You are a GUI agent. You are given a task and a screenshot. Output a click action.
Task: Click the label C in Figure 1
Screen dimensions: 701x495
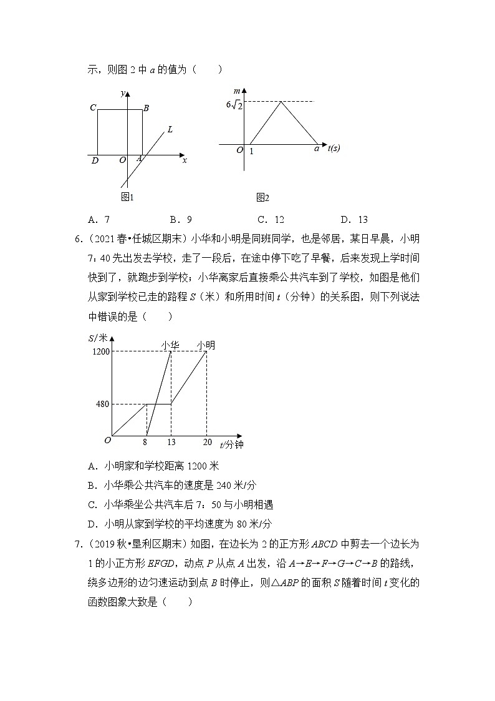(93, 108)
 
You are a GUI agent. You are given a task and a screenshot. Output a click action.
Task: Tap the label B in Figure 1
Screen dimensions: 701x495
(146, 108)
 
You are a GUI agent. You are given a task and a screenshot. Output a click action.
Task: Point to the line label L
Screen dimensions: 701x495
(170, 130)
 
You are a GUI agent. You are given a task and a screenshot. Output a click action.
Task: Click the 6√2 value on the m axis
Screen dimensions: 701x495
(234, 104)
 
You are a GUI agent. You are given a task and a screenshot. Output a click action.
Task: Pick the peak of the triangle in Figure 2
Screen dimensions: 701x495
(282, 102)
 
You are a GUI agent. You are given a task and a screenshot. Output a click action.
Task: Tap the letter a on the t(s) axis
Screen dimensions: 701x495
(316, 149)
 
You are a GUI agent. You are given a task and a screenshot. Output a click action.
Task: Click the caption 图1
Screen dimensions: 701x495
(128, 197)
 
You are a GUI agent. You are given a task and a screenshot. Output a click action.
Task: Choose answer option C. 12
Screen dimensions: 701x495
(270, 219)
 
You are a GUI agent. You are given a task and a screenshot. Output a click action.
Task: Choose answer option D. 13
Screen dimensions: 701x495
(354, 219)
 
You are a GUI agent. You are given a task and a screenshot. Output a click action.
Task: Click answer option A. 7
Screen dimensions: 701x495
(99, 219)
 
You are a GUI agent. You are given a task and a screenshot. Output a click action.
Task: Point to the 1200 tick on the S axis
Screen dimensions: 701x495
(101, 351)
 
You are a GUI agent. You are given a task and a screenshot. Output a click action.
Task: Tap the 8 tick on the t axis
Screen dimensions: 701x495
(147, 443)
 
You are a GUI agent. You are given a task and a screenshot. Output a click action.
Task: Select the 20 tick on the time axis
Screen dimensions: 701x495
(206, 443)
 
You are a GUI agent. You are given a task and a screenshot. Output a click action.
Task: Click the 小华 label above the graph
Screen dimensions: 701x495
(171, 345)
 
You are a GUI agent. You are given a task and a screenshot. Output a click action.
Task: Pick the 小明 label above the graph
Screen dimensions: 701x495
(206, 345)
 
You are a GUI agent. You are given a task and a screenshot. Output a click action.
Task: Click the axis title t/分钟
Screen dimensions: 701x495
(231, 444)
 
